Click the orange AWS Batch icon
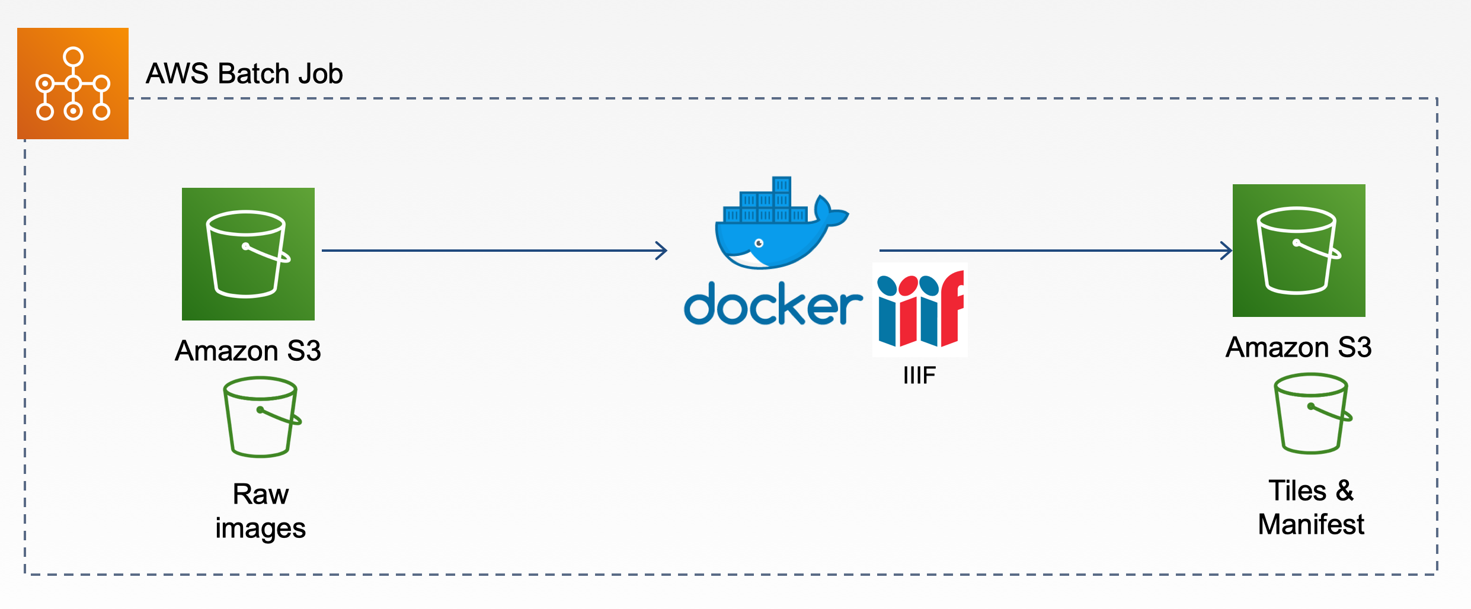pos(73,84)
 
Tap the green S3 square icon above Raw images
pos(248,254)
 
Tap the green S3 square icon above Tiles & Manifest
pos(1299,251)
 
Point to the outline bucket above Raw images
pos(261,417)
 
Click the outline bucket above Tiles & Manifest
pos(1312,414)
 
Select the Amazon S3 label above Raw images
pos(248,351)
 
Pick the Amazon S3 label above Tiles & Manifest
pos(1298,347)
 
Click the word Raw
pos(261,494)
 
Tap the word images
pos(260,528)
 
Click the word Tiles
pos(1297,491)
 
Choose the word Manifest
pos(1311,525)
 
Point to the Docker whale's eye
pos(759,243)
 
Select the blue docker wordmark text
pos(773,304)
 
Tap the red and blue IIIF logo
pos(920,309)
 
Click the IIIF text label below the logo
pos(919,376)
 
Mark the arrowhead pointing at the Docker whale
pos(661,251)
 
